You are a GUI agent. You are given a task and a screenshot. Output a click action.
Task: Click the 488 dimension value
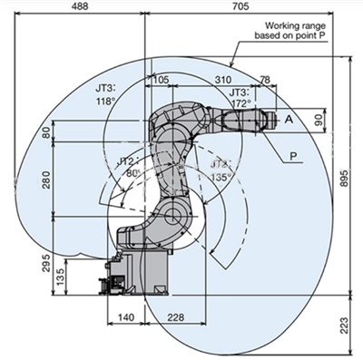pyautogui.click(x=80, y=6)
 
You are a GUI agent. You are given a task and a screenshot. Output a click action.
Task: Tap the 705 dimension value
pyautogui.click(x=240, y=6)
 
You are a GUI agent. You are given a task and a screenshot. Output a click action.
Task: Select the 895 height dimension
pyautogui.click(x=344, y=179)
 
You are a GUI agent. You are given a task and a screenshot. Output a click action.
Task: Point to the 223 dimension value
pyautogui.click(x=344, y=326)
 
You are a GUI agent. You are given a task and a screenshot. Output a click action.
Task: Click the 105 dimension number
pyautogui.click(x=161, y=80)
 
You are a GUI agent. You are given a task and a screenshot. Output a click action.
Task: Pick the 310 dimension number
pyautogui.click(x=223, y=80)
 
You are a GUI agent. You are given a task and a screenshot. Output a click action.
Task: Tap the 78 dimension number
pyautogui.click(x=265, y=80)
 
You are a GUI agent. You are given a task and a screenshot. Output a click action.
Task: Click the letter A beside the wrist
pyautogui.click(x=289, y=120)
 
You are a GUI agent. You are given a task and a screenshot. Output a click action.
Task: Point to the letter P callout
pyautogui.click(x=293, y=156)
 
